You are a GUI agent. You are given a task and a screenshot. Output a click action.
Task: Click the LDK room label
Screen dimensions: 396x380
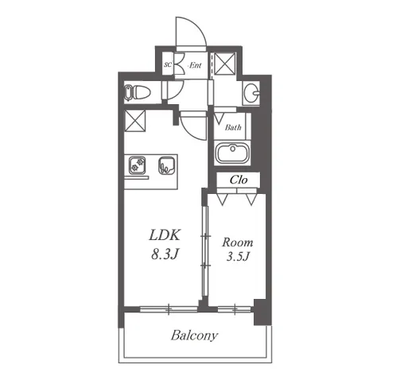coord(165,235)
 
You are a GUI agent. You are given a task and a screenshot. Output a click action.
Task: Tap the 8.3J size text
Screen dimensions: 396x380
coord(165,254)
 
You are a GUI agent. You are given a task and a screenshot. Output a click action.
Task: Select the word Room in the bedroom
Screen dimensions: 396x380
coord(238,242)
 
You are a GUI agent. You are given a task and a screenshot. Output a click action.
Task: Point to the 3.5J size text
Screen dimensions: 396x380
coord(239,256)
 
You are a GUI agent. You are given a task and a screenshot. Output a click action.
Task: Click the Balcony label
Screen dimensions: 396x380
coord(194,335)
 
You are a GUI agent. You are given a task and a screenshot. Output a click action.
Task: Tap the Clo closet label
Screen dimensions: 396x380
coord(239,180)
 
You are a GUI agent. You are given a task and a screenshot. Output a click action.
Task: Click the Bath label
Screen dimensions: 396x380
coord(233,127)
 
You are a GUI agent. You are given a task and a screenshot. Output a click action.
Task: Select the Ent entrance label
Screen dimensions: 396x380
coord(196,65)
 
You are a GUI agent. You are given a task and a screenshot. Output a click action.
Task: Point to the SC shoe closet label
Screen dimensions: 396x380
coord(168,64)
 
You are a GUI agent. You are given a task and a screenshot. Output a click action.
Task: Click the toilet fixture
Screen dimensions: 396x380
coord(138,93)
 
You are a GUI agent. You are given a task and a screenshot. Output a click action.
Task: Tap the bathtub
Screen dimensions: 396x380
coord(232,153)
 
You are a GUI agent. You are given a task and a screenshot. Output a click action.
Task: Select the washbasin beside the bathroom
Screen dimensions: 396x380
coord(251,93)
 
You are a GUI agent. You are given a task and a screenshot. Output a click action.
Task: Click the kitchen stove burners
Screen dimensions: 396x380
coord(138,165)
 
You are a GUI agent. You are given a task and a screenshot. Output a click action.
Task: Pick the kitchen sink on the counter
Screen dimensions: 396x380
coord(166,166)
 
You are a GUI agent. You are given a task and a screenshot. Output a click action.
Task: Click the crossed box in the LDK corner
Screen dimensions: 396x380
coord(135,121)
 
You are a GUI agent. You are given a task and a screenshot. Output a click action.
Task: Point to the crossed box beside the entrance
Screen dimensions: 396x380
coord(224,64)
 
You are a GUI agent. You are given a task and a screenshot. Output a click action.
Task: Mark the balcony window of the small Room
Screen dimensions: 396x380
coord(235,308)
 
